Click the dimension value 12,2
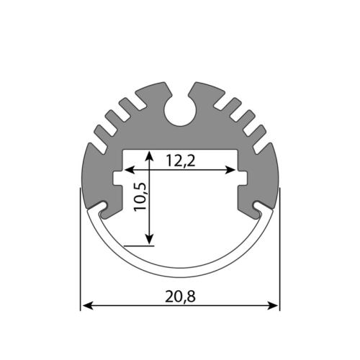click(180, 161)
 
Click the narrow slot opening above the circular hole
click(180, 89)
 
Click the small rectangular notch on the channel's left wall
click(118, 177)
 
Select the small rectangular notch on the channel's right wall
click(242, 177)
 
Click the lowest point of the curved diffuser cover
click(180, 275)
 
